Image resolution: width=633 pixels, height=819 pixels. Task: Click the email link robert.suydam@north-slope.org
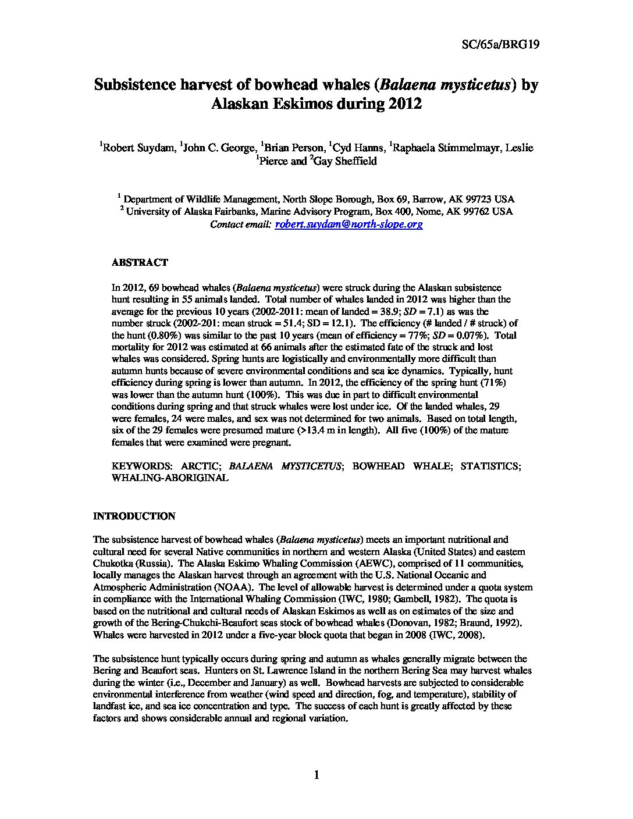point(349,224)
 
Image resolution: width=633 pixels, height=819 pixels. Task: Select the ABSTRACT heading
point(140,262)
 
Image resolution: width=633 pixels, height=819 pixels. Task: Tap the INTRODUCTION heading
point(134,516)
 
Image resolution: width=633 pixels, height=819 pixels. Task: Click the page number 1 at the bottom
point(316,774)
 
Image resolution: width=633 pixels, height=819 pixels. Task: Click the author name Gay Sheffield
point(345,161)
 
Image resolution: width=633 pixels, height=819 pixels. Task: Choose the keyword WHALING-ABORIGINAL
point(170,478)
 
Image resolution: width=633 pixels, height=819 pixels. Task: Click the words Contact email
point(241,224)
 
